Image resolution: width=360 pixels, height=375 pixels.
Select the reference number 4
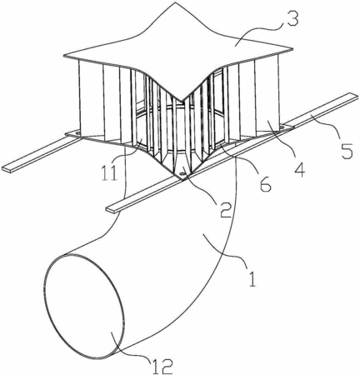click(x=300, y=167)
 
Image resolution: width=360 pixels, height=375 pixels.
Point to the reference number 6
click(x=265, y=183)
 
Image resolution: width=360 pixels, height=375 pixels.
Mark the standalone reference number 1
click(x=252, y=278)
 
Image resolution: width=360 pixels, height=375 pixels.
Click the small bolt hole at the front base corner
click(x=182, y=172)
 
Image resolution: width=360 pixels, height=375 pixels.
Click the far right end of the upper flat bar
click(x=357, y=96)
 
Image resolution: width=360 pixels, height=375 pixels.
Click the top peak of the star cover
click(x=175, y=2)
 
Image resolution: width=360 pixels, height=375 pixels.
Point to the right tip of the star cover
click(x=292, y=49)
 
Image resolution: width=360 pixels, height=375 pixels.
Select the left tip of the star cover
click(x=64, y=56)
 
